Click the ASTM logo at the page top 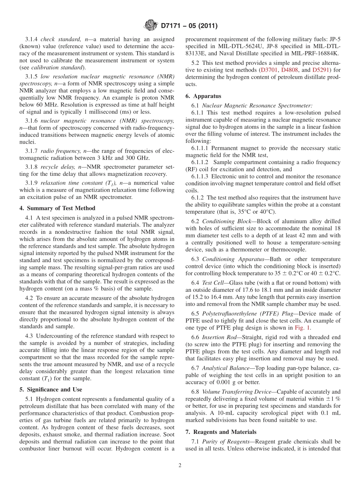(151, 26)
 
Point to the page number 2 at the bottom (180, 465)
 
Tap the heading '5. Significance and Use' (51, 389)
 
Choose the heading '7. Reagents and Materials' (221, 432)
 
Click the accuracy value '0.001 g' (221, 382)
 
